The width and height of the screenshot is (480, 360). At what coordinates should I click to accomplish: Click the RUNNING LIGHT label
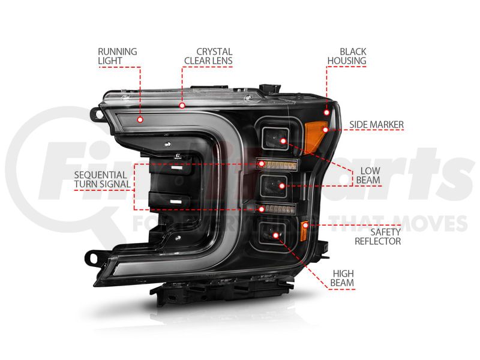coord(117,56)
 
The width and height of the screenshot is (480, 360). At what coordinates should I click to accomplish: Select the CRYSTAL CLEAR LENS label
coord(208,56)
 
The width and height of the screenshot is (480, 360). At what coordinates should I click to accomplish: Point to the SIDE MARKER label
coord(376,125)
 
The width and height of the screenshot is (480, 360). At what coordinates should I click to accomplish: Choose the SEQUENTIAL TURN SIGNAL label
coord(103,178)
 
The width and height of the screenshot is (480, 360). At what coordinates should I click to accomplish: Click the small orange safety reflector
coord(305,229)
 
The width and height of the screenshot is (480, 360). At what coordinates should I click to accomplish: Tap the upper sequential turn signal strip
coord(277,163)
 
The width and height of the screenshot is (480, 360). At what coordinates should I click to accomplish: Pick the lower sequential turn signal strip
coord(277,209)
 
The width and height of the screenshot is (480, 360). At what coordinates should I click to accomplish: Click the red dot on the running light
coord(140,119)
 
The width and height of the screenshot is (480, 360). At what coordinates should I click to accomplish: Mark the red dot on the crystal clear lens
coord(181,105)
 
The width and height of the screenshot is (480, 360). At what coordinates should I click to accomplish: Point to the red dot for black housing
coord(327,113)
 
